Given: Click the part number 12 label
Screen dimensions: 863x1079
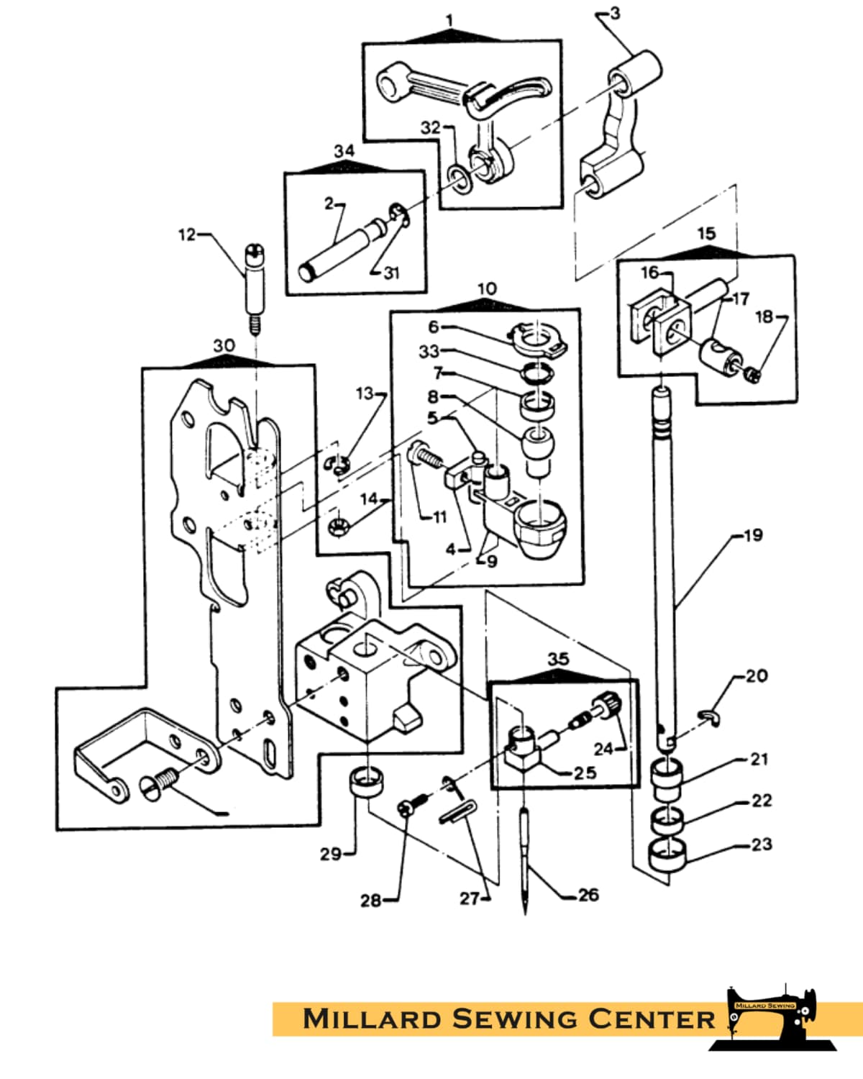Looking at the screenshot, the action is click(186, 235).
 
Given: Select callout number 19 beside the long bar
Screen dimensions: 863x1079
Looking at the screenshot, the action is click(753, 535).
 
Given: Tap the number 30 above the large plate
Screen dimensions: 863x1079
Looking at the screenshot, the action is click(224, 345).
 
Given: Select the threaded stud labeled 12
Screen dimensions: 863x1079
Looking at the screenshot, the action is click(255, 290).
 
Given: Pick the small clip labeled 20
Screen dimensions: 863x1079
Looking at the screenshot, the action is click(711, 719).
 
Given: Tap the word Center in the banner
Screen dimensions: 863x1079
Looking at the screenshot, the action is click(651, 1019).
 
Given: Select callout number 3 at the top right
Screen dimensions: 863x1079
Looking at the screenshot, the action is click(615, 14).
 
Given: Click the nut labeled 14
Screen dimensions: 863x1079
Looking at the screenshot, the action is click(338, 527).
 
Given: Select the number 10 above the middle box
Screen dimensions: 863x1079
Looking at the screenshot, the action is click(487, 288).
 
